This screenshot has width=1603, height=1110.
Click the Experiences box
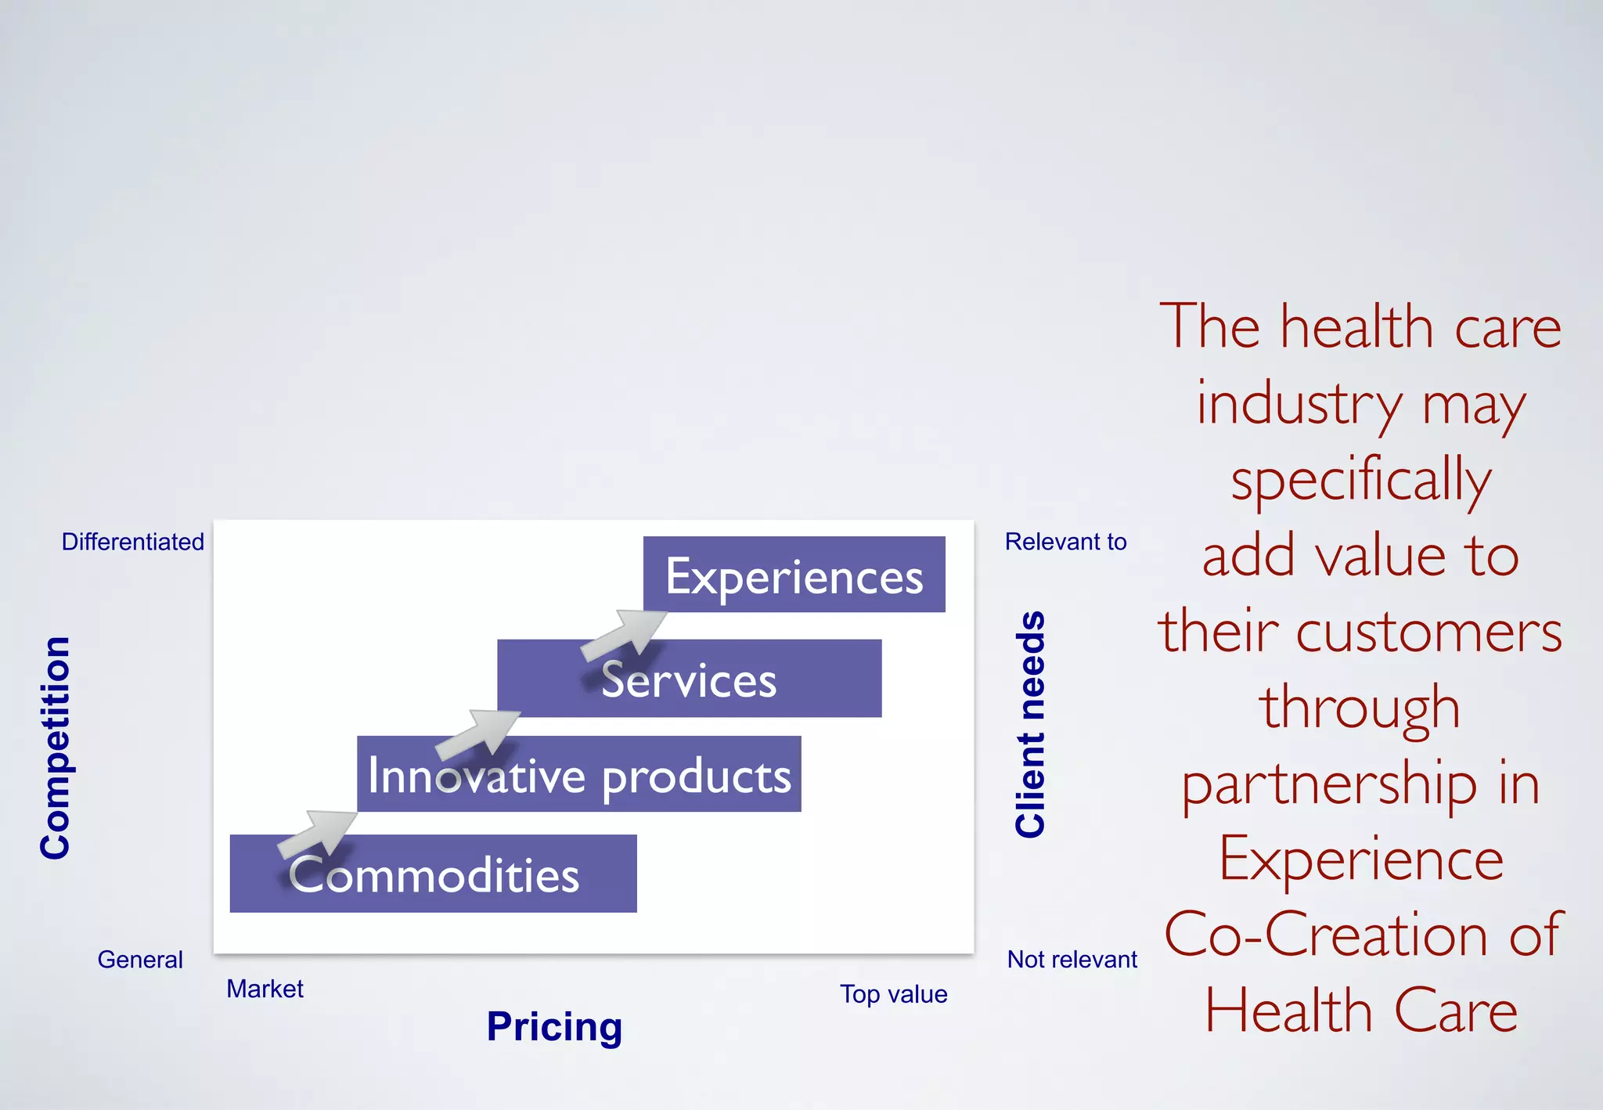[794, 575]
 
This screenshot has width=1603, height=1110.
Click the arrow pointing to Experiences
[625, 633]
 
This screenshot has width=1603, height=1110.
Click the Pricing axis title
[554, 1026]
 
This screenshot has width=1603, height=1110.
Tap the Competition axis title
[56, 748]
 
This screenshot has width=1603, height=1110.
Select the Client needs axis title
[1030, 724]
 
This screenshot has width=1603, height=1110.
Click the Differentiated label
[133, 542]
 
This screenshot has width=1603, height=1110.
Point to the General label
[140, 960]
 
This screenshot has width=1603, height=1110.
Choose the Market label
[265, 989]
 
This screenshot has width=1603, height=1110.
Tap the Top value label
[894, 994]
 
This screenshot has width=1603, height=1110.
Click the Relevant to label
[1065, 542]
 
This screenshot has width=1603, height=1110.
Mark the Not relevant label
[1072, 960]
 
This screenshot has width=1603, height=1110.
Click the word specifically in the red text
[1361, 480]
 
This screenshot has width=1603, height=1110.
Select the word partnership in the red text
[1326, 784]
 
